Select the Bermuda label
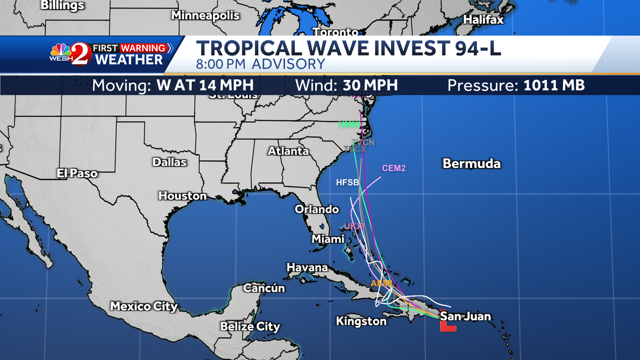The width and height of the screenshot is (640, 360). tap(471, 163)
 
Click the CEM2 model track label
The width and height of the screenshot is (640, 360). tap(394, 169)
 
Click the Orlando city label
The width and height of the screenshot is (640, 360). tap(317, 209)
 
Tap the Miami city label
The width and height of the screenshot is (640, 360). tap(328, 239)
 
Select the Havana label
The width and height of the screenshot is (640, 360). tap(307, 267)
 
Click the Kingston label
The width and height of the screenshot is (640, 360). tap(361, 321)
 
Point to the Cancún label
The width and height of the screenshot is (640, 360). tap(264, 288)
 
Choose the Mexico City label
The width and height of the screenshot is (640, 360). tap(143, 306)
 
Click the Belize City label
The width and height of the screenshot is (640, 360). tap(250, 326)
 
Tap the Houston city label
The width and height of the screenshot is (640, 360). tap(182, 196)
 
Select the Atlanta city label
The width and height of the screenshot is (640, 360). tap(288, 151)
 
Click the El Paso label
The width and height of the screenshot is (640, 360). tap(77, 173)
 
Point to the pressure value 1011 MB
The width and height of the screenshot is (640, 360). tap(551, 85)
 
